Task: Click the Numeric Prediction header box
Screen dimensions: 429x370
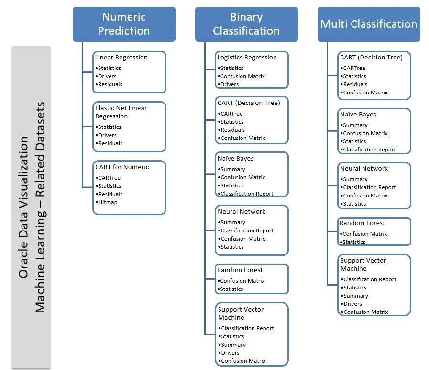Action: point(124,24)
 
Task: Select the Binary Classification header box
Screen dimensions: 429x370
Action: point(246,24)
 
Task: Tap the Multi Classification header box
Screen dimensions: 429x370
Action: point(369,24)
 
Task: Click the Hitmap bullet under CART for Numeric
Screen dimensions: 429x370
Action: point(107,202)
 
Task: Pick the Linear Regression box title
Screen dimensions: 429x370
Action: point(121,58)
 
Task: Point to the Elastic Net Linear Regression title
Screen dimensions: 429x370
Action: point(121,112)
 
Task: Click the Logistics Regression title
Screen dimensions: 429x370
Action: point(247,58)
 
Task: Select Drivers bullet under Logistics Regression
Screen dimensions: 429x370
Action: point(228,84)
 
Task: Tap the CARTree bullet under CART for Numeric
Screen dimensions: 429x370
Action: point(108,178)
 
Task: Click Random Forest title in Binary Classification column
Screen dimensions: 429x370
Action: point(240,270)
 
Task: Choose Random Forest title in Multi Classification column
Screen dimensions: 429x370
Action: point(362,223)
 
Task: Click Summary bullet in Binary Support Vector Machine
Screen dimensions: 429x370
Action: point(232,345)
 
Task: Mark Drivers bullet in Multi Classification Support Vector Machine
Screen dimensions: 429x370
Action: point(352,304)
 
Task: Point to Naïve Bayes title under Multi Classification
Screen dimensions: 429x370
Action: point(358,115)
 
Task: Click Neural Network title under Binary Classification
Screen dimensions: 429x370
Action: point(242,212)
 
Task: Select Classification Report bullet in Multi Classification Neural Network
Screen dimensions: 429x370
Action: point(368,187)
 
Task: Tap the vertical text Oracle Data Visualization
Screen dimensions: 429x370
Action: point(23,207)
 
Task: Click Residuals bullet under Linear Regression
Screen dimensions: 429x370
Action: point(109,84)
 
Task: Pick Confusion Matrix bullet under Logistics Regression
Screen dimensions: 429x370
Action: point(241,76)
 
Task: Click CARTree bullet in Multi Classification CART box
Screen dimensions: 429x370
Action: point(352,68)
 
